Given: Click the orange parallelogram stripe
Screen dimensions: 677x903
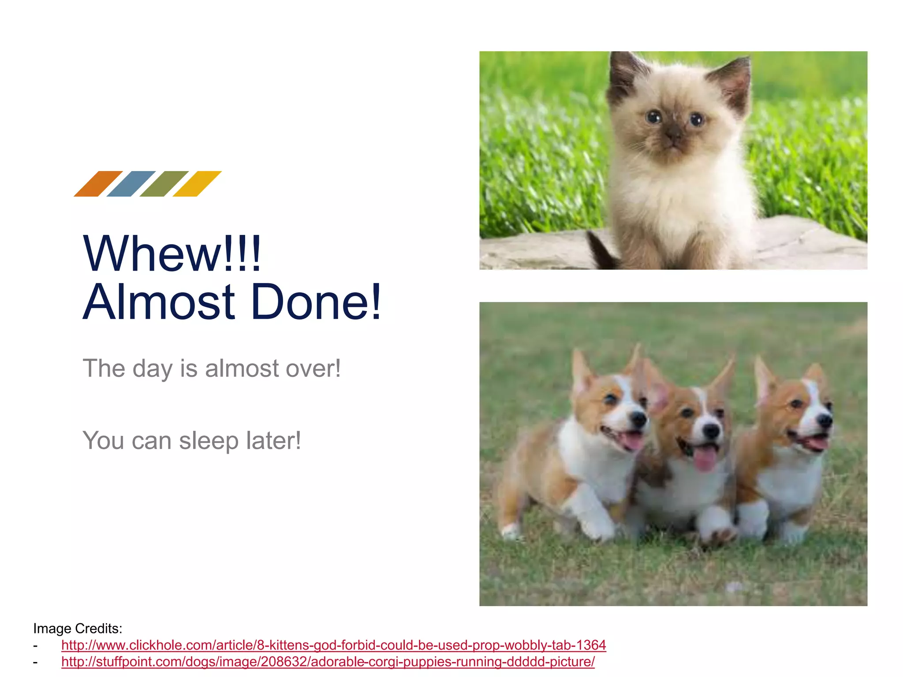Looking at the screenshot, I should click(x=98, y=184).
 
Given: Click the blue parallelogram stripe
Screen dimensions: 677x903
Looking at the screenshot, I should click(x=131, y=184).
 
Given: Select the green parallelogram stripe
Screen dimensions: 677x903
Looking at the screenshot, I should click(x=164, y=184).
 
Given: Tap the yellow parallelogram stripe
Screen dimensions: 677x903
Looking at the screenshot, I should click(x=197, y=184).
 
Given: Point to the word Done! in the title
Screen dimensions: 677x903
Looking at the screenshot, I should click(x=316, y=302).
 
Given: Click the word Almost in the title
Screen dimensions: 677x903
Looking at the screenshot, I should click(x=159, y=302).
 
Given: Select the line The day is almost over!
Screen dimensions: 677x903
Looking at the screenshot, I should click(x=212, y=368).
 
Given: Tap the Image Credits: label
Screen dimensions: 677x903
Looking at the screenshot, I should click(x=78, y=628).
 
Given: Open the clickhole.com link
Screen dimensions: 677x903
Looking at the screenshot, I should click(x=333, y=645).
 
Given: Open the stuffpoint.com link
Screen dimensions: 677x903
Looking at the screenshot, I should click(x=328, y=662).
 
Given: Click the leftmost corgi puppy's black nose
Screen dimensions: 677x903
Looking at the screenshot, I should click(x=638, y=419).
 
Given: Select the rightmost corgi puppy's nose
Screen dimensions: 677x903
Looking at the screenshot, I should click(x=825, y=421).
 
